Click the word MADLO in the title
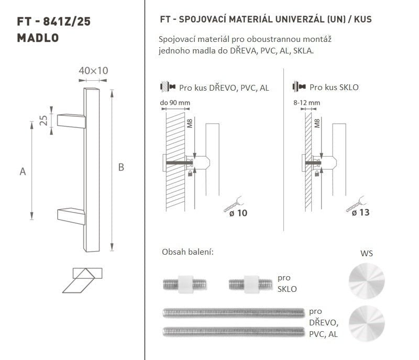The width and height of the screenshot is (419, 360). [x=38, y=38]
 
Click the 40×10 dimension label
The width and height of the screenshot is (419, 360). [x=93, y=71]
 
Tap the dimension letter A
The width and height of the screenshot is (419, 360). [x=23, y=171]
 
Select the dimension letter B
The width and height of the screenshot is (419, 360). [x=121, y=167]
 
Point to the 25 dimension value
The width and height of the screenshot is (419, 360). [x=43, y=121]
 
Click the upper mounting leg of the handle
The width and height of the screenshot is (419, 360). [x=71, y=121]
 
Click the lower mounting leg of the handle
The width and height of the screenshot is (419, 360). [x=71, y=216]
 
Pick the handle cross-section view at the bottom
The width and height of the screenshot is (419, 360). [x=82, y=280]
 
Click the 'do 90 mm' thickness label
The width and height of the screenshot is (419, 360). [x=175, y=103]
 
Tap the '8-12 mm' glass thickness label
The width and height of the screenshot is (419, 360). [x=306, y=103]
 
